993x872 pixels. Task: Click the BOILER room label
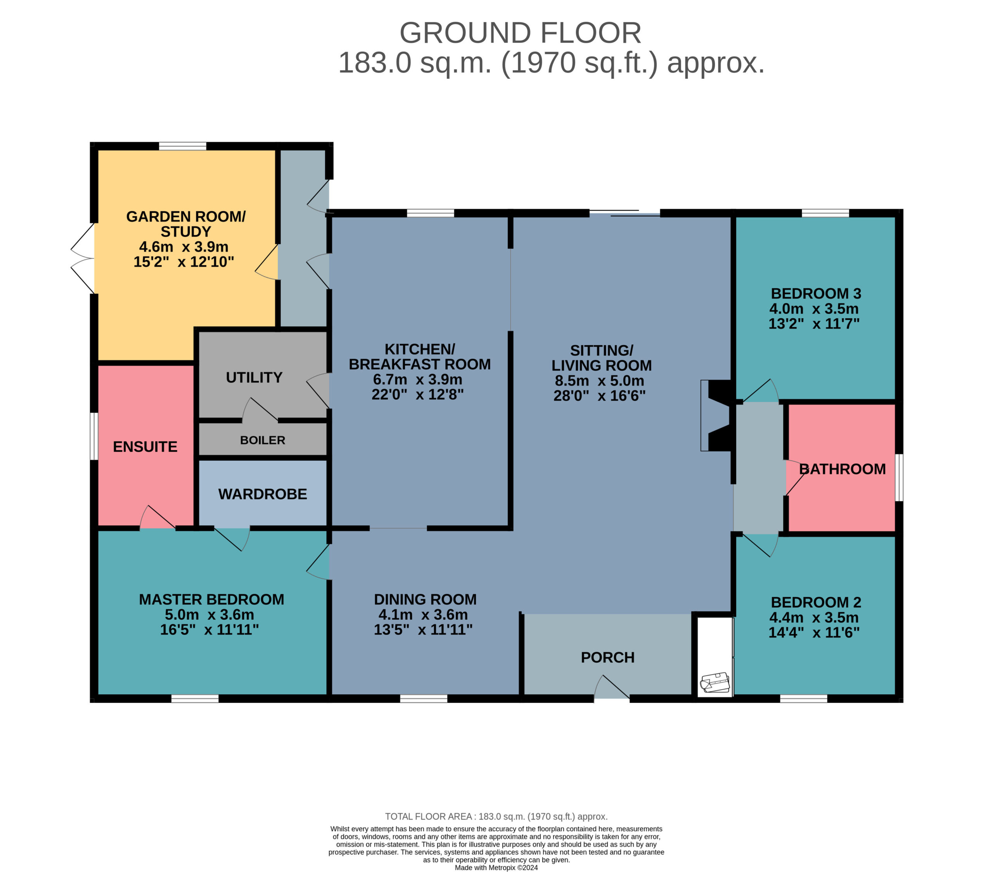click(x=262, y=440)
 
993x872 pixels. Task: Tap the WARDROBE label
click(x=262, y=494)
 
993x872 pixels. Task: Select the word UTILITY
click(x=254, y=378)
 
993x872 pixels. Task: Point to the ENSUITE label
click(x=145, y=447)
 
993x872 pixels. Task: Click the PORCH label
click(x=608, y=658)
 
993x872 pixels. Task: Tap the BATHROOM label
click(x=842, y=469)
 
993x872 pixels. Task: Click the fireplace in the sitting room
click(x=716, y=416)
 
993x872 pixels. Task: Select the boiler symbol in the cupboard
click(x=714, y=683)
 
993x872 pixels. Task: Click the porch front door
click(x=612, y=687)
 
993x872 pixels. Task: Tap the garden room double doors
click(x=83, y=258)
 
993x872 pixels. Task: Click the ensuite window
click(x=94, y=436)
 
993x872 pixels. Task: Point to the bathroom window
click(x=899, y=477)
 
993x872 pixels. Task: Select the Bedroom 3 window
click(x=825, y=213)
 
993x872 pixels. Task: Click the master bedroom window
click(x=195, y=699)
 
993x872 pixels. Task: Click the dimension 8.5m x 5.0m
click(x=600, y=381)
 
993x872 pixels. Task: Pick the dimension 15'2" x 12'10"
click(x=183, y=262)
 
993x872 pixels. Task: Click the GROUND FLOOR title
click(x=520, y=33)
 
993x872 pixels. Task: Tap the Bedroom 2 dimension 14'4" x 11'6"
click(x=814, y=633)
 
